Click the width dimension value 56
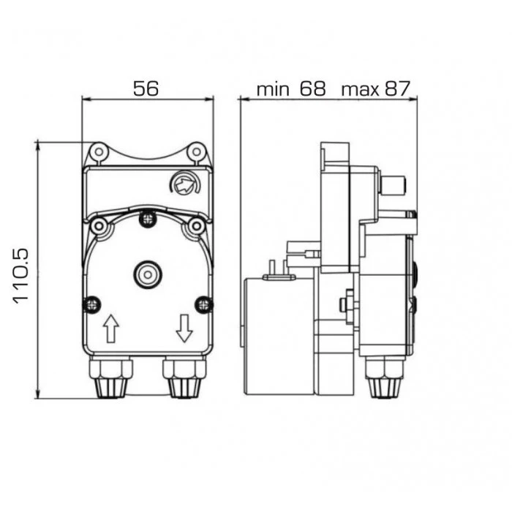coord(146,89)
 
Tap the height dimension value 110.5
coord(21,276)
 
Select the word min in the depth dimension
coord(273,89)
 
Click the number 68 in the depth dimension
coord(313,89)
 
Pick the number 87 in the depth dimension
coord(397,89)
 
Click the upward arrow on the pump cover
coord(111,328)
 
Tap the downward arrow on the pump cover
coord(184,328)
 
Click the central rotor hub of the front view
coord(148,274)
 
